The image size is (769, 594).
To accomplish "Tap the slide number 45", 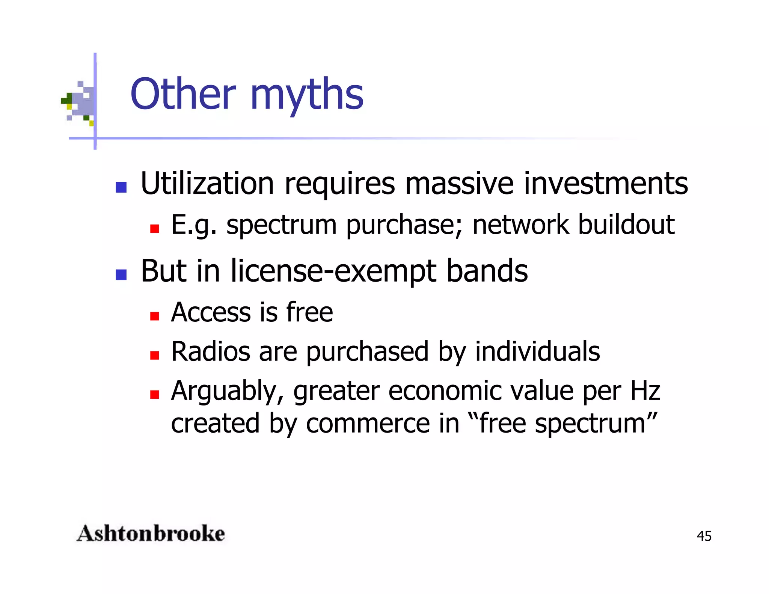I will [704, 536].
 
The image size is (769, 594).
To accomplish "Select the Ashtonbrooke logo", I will [151, 534].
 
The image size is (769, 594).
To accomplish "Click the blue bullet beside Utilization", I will [121, 187].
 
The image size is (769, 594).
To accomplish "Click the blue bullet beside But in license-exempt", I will [121, 274].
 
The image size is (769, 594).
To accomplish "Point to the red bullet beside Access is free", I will [154, 316].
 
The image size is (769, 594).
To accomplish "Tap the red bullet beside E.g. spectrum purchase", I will [154, 228].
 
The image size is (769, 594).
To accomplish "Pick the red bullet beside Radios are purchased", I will [154, 355].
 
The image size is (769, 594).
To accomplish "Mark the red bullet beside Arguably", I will [154, 394].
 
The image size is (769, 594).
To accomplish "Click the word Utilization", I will [207, 184].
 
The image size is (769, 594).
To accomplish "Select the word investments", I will [606, 184].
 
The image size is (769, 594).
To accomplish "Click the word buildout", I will [626, 225].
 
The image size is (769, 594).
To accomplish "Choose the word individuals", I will [537, 352].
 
